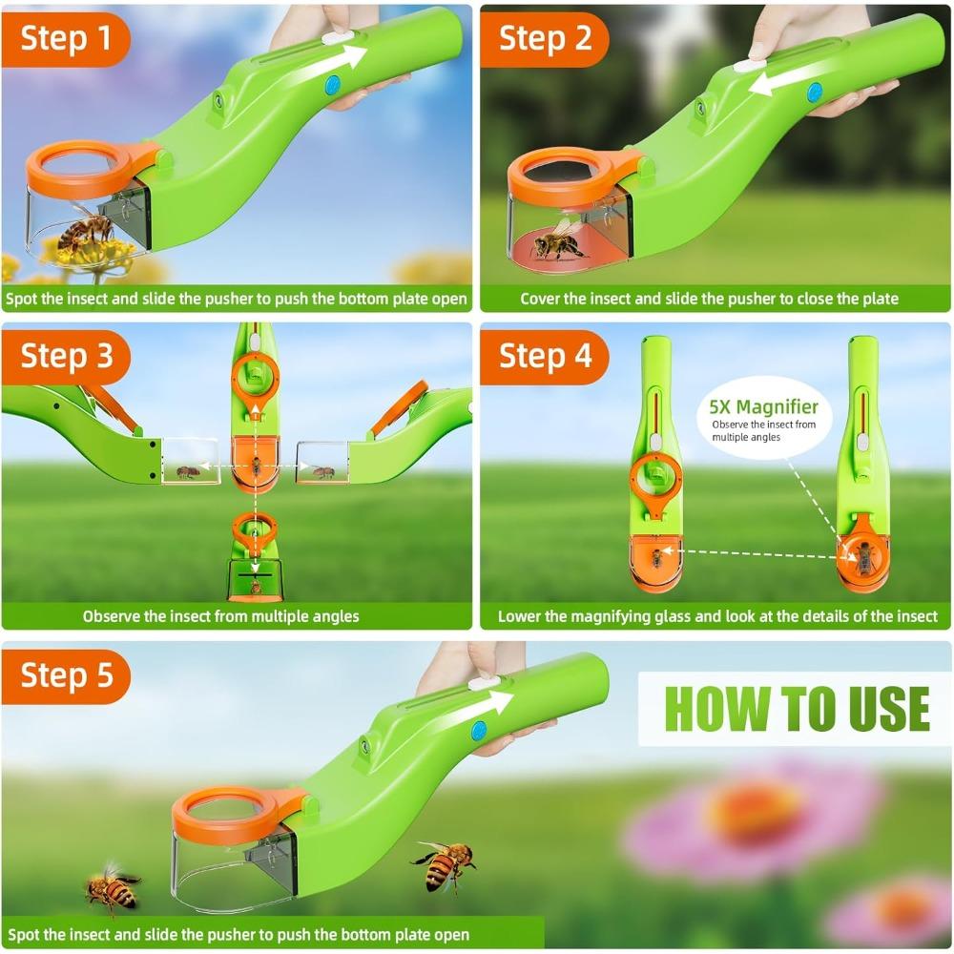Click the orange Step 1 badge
tap(65, 39)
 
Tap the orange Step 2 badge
tap(545, 39)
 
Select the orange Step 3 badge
tap(65, 356)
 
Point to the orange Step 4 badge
tap(545, 356)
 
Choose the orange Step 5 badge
tap(65, 674)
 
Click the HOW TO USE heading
tap(796, 708)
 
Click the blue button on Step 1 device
tap(333, 85)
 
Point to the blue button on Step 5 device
tap(478, 731)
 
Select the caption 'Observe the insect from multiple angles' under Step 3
tap(220, 616)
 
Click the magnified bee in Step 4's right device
tap(864, 559)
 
